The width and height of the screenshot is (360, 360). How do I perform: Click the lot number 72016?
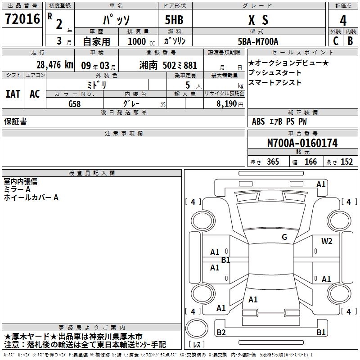click(x=22, y=19)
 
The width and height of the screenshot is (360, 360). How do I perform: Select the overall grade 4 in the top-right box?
click(x=343, y=21)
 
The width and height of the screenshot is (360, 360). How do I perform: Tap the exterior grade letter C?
click(x=336, y=41)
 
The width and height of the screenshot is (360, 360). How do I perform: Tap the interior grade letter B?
click(x=350, y=41)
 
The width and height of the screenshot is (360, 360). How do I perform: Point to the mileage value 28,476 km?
click(x=55, y=65)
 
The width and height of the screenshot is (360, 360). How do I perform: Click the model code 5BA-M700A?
click(x=258, y=41)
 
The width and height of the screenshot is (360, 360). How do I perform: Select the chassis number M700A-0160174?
click(x=302, y=143)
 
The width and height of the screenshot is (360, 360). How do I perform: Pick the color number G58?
click(x=75, y=104)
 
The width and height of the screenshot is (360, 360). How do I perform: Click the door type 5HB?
click(x=174, y=20)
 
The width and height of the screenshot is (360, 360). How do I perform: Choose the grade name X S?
click(x=258, y=20)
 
